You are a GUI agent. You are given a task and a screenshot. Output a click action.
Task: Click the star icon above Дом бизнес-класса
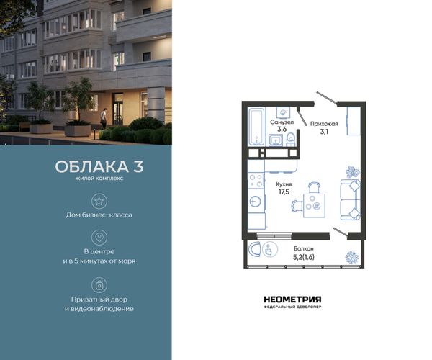(x=99, y=201)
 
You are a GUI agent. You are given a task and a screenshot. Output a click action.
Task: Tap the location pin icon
(x=99, y=237)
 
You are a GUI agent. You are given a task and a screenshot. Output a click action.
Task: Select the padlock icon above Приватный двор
(x=99, y=285)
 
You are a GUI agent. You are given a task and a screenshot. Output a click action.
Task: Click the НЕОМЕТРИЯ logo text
(x=292, y=300)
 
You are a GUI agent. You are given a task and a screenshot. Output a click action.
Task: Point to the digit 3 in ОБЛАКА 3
(x=138, y=166)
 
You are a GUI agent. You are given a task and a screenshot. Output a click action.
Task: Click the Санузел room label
(x=282, y=122)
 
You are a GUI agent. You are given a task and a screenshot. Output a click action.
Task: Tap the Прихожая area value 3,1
(x=324, y=132)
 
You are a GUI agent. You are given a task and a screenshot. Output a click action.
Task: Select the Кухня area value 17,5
(x=284, y=192)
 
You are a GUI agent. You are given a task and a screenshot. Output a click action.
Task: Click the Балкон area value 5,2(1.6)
(x=304, y=257)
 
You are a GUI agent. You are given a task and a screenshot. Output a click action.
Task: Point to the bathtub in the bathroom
(x=257, y=127)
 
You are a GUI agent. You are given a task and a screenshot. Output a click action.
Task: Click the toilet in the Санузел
(x=290, y=139)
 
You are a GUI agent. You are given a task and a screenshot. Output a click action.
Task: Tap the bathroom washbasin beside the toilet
(x=276, y=140)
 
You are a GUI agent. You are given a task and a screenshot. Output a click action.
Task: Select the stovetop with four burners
(x=256, y=180)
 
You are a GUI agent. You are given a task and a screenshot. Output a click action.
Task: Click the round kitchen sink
(x=255, y=202)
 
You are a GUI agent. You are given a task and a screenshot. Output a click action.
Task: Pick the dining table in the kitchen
(x=314, y=205)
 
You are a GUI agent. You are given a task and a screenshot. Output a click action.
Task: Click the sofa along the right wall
(x=351, y=199)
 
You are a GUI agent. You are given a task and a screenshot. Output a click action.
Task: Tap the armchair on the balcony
(x=254, y=249)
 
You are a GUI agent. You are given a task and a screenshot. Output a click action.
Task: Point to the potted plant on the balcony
(x=352, y=258)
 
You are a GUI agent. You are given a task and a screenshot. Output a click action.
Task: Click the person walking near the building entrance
(x=103, y=118)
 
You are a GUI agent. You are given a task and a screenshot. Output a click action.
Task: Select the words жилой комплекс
(x=99, y=179)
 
